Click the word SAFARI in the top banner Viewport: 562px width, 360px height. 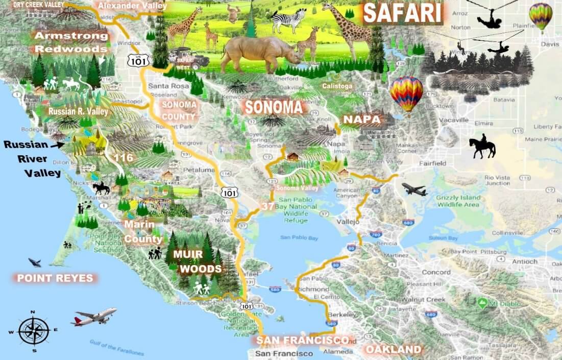tap(402, 14)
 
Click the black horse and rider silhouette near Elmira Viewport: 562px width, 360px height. tap(482, 147)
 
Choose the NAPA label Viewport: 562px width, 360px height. tap(361, 119)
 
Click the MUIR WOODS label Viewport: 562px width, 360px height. tap(197, 261)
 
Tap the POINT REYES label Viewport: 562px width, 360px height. tap(55, 278)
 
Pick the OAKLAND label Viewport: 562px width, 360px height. tap(393, 350)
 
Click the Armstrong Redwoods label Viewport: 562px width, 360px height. tap(71, 42)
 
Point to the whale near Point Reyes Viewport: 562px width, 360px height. tap(35, 262)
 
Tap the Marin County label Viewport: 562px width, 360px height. tap(143, 231)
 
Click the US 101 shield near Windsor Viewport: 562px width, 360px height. tap(138, 60)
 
